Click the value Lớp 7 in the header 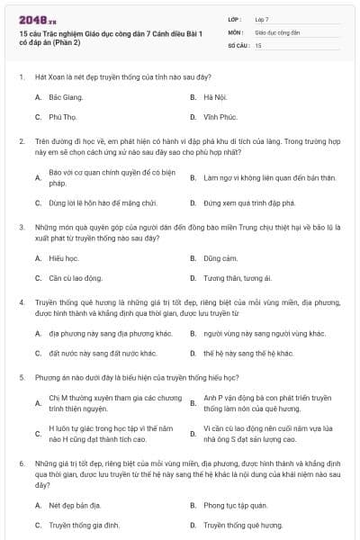click(x=262, y=18)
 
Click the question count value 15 click(x=258, y=44)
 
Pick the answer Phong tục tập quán click(x=234, y=505)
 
